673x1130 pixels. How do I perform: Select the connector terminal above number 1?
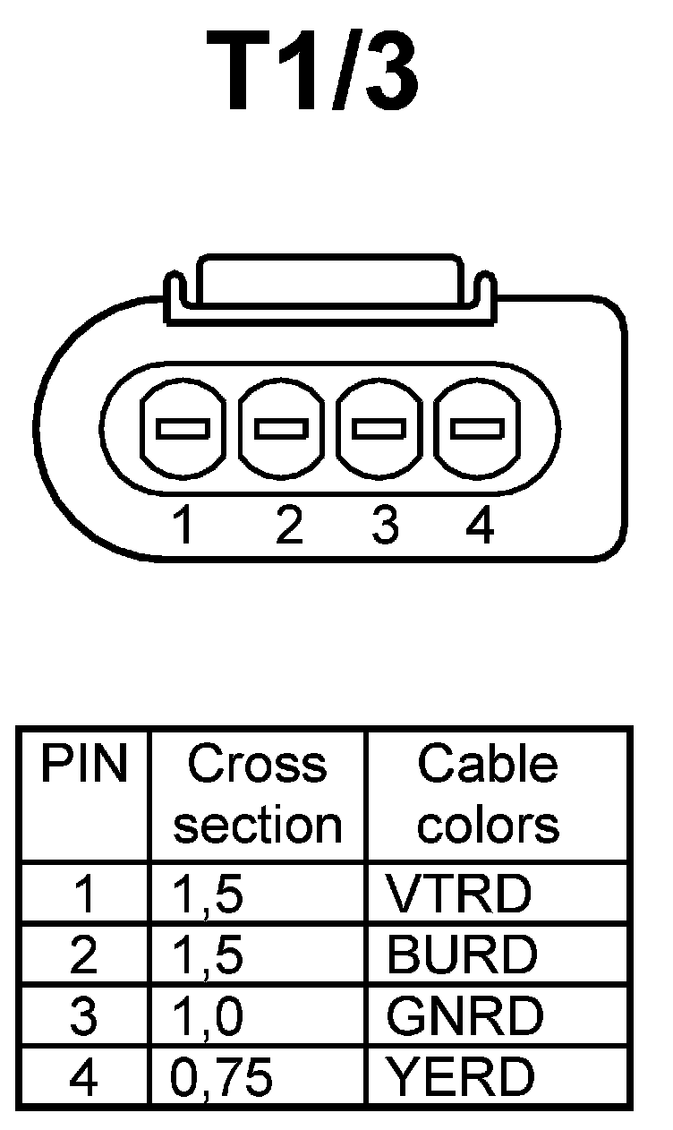point(183,429)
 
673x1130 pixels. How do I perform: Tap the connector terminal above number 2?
point(281,429)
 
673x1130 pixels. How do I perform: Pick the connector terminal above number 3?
point(379,429)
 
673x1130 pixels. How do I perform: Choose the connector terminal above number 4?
point(476,429)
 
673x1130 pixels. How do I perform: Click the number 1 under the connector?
point(183,526)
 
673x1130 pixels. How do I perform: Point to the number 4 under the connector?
point(481,526)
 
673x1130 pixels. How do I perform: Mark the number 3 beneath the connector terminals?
point(384,526)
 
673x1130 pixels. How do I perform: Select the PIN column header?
point(84,766)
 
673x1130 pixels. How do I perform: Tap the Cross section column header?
point(258,795)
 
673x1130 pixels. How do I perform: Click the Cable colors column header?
point(488,795)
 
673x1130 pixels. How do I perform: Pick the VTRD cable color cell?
point(458,894)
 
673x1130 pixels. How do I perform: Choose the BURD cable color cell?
point(462,955)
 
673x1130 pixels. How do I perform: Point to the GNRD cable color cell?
point(464,1016)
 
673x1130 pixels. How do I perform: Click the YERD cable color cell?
point(460,1078)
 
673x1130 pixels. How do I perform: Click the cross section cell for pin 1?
point(207,895)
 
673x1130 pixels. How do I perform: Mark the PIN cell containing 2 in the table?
point(83,955)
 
